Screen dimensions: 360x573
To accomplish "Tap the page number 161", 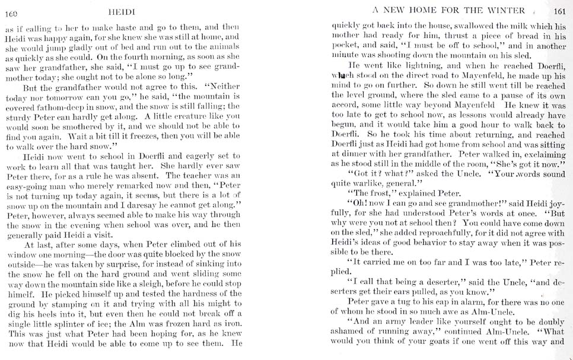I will coord(559,10).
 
